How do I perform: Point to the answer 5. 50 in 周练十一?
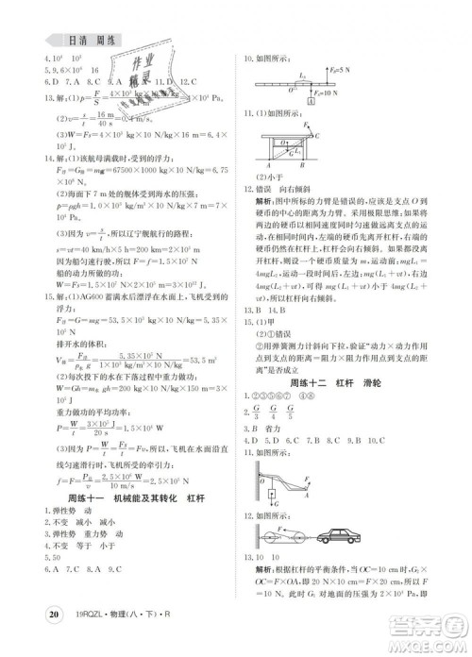pos(27,585)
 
